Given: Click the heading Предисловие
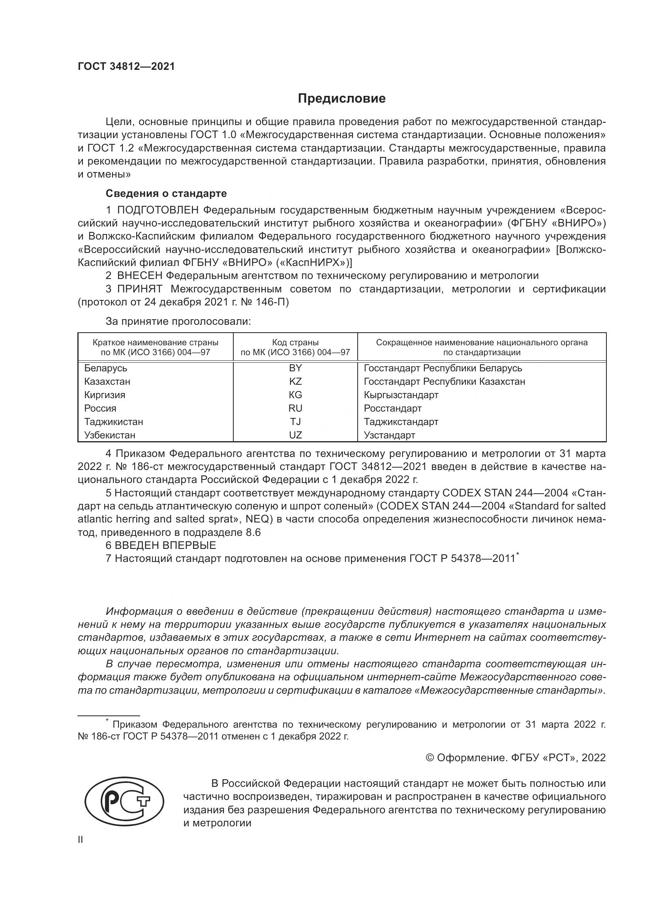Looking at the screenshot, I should (342, 99).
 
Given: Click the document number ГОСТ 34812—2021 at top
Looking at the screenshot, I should (126, 66).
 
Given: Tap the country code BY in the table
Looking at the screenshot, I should (295, 368).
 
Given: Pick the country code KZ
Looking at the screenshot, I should (295, 381).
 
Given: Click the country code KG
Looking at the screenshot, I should (295, 395).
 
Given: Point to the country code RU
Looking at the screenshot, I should (295, 408).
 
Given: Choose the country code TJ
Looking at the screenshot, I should (295, 422).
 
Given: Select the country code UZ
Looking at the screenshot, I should (295, 435).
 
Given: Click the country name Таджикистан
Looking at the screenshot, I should (113, 422).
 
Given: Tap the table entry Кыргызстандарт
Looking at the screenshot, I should (401, 395).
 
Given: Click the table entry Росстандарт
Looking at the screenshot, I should (392, 408).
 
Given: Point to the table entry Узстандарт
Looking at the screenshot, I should (389, 435).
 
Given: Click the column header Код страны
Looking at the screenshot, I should (295, 343).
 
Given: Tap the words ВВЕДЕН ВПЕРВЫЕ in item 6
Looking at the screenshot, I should (165, 545).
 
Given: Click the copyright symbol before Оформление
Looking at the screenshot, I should (430, 758).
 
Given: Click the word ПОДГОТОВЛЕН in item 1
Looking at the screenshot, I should (158, 210).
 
